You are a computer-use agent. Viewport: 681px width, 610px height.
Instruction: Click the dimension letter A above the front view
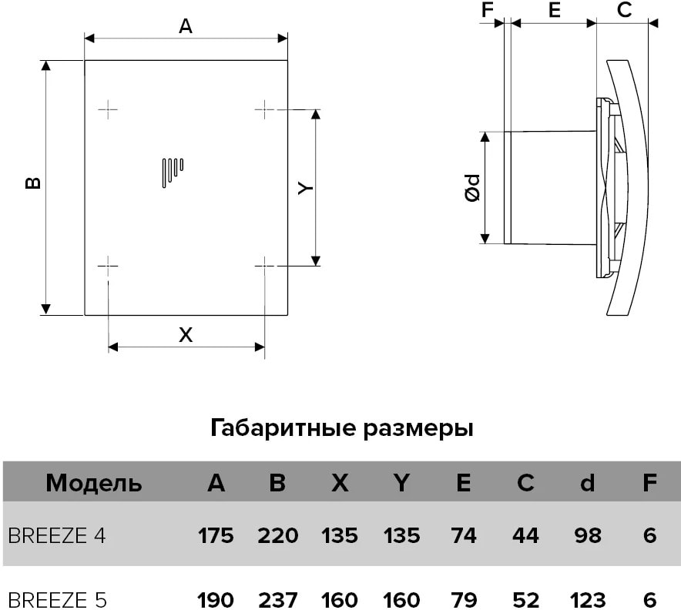coord(186,26)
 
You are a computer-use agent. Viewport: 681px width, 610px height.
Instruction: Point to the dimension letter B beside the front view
coord(33,183)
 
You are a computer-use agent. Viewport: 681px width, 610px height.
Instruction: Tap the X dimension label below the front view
coord(186,335)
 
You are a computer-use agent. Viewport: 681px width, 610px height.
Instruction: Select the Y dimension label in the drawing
coord(305,188)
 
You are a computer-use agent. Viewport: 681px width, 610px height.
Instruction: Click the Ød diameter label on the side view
coord(472,188)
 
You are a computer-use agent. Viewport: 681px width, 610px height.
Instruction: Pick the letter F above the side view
coord(488,10)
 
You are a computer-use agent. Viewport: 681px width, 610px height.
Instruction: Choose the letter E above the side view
coord(554,10)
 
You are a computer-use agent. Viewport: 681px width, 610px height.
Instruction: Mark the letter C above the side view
coord(624,10)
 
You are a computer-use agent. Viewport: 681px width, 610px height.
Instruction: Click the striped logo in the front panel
coord(173,173)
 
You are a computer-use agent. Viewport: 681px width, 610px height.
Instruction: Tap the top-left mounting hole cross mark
coord(108,109)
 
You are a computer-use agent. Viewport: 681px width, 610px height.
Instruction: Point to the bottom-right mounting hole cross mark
coord(264,265)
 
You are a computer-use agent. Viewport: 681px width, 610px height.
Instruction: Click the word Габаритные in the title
coord(283,428)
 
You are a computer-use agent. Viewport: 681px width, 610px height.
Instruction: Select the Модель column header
coord(94,482)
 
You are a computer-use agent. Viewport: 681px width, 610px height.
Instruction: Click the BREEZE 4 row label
coord(57,535)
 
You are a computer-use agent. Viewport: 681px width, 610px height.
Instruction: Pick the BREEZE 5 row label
coord(57,600)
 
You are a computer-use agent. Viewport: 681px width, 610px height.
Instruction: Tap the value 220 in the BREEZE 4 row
coord(277,535)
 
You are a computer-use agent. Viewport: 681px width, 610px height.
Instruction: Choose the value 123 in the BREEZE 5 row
coord(587,600)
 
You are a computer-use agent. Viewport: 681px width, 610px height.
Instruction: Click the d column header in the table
coord(587,482)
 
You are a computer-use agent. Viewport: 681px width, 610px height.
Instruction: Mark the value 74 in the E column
coord(464,535)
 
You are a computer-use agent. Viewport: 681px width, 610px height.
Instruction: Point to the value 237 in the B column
coord(277,600)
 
